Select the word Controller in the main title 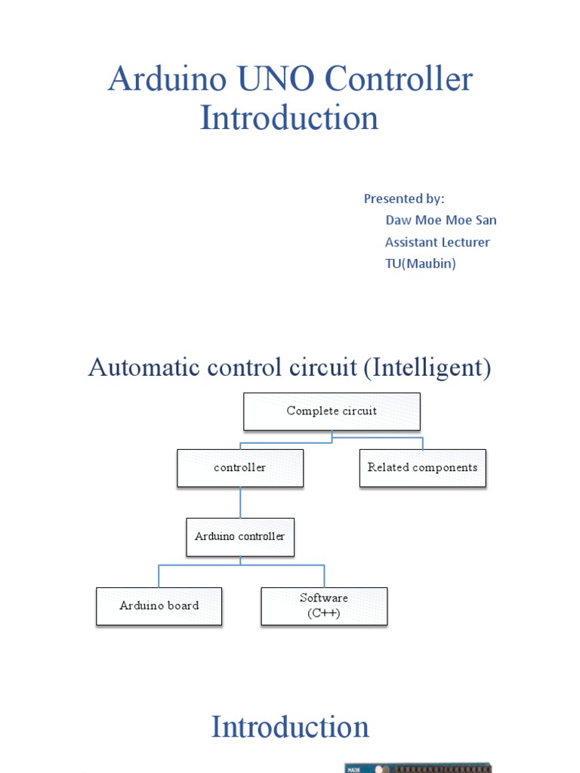click(398, 80)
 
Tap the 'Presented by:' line click(404, 199)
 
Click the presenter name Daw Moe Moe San click(441, 220)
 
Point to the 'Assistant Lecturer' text click(437, 242)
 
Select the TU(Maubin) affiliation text click(421, 264)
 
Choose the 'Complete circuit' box click(332, 411)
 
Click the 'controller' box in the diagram click(240, 468)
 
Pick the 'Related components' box click(422, 468)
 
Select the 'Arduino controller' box click(240, 537)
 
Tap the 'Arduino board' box click(159, 606)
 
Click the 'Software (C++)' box click(324, 606)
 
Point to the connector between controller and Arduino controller click(241, 502)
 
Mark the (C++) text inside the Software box click(324, 613)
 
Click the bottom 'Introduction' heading click(290, 728)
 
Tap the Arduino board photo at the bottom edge click(418, 767)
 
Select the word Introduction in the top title click(289, 119)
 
